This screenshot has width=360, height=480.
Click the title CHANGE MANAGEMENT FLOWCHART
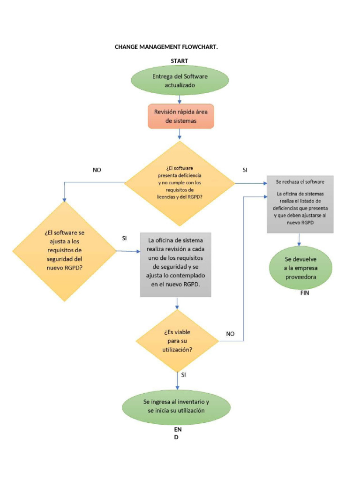coord(166,47)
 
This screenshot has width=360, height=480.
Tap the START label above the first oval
coord(180,61)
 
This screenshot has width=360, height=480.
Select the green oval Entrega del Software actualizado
coord(180,81)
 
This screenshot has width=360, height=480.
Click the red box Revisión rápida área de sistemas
coord(180,116)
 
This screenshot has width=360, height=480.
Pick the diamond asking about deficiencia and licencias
coord(180,183)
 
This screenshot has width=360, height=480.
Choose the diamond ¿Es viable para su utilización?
coord(177,340)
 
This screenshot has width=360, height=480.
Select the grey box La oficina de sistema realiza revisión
coord(176,264)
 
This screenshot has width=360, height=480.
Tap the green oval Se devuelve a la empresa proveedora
coord(300,268)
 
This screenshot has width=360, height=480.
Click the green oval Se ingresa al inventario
coord(176,406)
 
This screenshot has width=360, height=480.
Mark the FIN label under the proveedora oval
coord(305,293)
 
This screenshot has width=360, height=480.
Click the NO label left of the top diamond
coord(97,170)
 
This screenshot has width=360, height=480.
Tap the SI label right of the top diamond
coord(245,170)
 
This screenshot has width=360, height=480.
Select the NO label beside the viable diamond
coord(230,334)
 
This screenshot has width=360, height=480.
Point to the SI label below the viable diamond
coord(183,375)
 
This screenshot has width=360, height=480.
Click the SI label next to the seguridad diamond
coord(124,238)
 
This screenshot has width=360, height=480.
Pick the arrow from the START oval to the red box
coord(180,98)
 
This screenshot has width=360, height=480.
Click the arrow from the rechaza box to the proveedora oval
coord(299,240)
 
